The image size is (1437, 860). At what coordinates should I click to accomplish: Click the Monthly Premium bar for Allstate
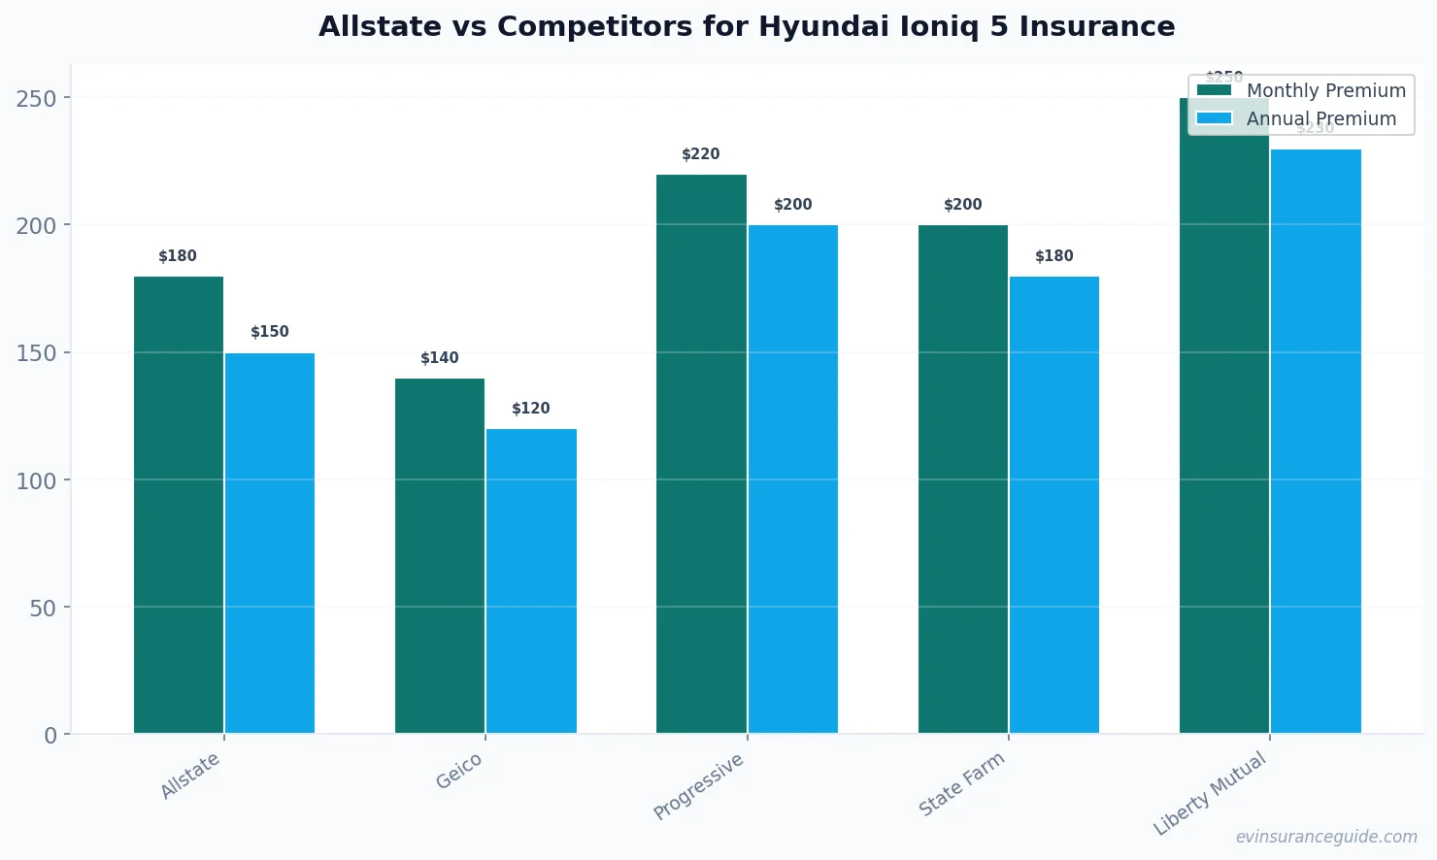point(179,505)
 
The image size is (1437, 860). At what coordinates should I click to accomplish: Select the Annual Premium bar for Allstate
point(270,544)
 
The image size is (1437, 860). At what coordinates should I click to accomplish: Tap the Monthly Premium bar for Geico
point(440,555)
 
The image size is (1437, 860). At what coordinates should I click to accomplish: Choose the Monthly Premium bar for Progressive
point(701,454)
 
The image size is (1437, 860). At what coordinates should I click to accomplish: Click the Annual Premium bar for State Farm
point(1054,505)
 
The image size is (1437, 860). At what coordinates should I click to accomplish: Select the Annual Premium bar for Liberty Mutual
point(1316,442)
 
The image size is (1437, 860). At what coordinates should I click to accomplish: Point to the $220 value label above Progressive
point(701,154)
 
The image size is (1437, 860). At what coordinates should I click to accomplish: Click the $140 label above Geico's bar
point(440,358)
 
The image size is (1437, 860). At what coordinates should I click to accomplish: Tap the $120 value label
point(531,409)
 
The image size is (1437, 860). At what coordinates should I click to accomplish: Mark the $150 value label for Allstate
point(270,332)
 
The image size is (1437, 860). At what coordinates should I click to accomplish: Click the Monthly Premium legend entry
point(1301,90)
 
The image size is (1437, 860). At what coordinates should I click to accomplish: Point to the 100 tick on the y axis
point(37,480)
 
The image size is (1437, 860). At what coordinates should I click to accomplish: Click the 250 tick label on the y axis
point(37,98)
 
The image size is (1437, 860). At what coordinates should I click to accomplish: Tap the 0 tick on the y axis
point(50,736)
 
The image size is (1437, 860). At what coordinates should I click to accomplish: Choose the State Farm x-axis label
point(961,784)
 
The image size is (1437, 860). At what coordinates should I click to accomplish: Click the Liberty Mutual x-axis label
point(1210,793)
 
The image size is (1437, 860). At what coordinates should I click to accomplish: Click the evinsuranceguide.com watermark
point(1326,837)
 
